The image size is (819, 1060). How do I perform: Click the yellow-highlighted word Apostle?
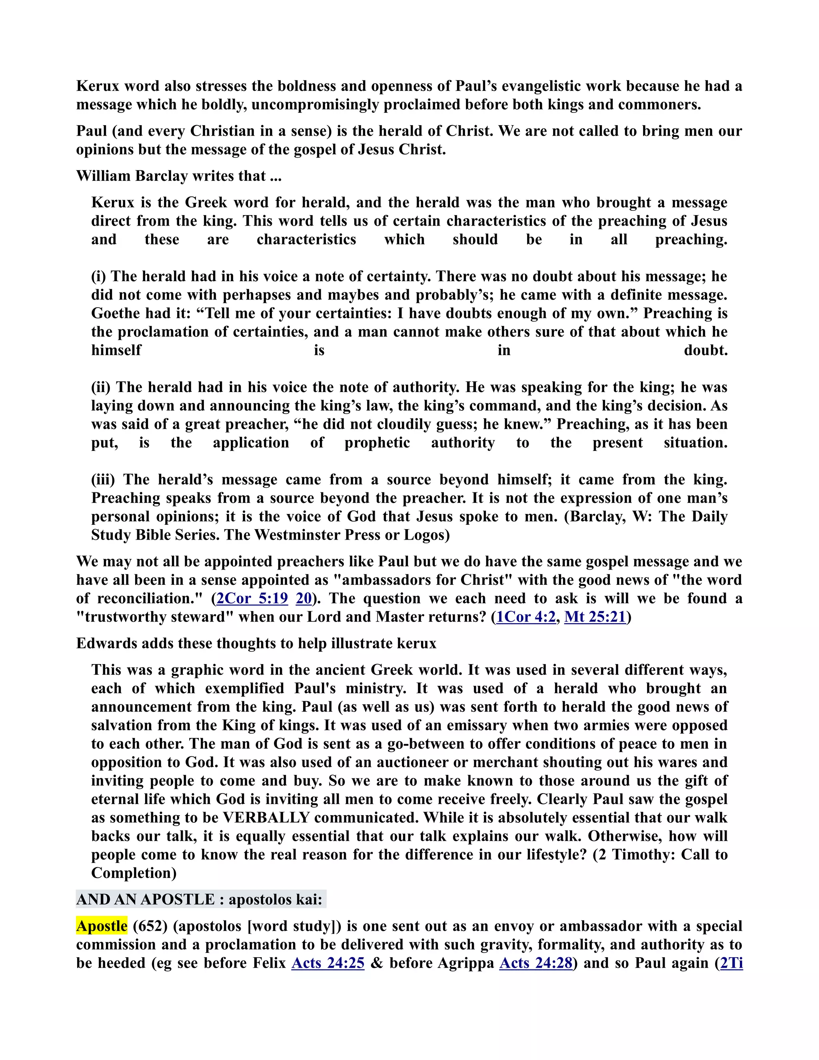102,926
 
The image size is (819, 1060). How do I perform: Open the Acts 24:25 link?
328,963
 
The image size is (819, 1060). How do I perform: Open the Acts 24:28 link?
535,963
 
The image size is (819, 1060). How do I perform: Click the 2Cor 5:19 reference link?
252,598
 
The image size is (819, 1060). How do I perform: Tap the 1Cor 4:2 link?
525,617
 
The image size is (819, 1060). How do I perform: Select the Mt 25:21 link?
595,617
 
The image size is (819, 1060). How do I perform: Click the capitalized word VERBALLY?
266,817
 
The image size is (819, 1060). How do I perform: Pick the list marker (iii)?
103,479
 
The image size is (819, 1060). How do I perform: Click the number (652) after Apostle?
150,926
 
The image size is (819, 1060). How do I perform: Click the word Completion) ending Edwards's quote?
134,873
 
